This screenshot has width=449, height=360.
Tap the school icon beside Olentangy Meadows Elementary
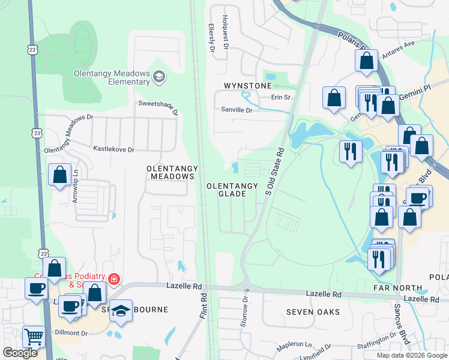[x=159, y=76]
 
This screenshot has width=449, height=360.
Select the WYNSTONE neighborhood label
[x=248, y=86]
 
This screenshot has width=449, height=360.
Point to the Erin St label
[x=280, y=97]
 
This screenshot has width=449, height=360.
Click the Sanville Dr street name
[x=237, y=110]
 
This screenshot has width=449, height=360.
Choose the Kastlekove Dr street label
[x=113, y=148]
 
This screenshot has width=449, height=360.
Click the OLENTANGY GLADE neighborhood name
[x=235, y=190]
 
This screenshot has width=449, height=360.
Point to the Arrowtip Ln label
[x=76, y=189]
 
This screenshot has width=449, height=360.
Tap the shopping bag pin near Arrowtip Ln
[x=59, y=176]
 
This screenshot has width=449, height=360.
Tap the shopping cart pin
[x=34, y=337]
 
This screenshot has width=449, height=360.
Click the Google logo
[x=20, y=353]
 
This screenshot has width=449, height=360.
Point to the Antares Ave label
[x=400, y=46]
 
